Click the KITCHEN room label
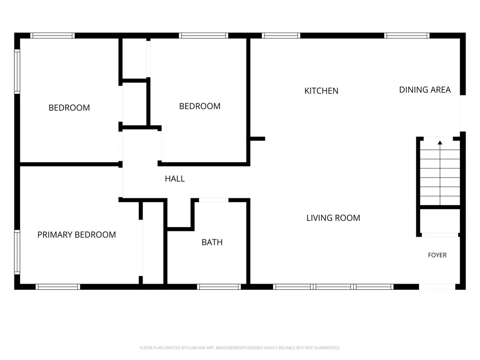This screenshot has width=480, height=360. pyautogui.click(x=321, y=91)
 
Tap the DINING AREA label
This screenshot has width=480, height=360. pyautogui.click(x=425, y=90)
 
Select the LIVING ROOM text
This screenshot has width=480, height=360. pyautogui.click(x=333, y=218)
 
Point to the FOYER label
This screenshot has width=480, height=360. pyautogui.click(x=437, y=255)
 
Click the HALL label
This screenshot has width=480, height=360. pyautogui.click(x=175, y=179)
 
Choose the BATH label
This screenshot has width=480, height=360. pyautogui.click(x=212, y=242)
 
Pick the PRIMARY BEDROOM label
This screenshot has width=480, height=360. pyautogui.click(x=76, y=235)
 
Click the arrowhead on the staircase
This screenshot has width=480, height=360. pyautogui.click(x=440, y=143)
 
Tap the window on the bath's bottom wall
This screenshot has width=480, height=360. pyautogui.click(x=219, y=287)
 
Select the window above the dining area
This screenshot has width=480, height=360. pyautogui.click(x=407, y=36)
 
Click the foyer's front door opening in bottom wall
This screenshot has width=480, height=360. pyautogui.click(x=437, y=287)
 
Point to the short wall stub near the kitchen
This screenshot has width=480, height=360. pyautogui.click(x=257, y=139)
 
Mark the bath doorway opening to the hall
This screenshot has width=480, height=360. pyautogui.click(x=214, y=200)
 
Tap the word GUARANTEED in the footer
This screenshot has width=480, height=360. pyautogui.click(x=327, y=348)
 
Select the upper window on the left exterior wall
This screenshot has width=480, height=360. pyautogui.click(x=17, y=72)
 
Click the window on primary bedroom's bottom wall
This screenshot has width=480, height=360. pyautogui.click(x=58, y=287)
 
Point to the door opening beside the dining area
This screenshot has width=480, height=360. pyautogui.click(x=463, y=113)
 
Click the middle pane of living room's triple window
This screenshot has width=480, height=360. pyautogui.click(x=333, y=287)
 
